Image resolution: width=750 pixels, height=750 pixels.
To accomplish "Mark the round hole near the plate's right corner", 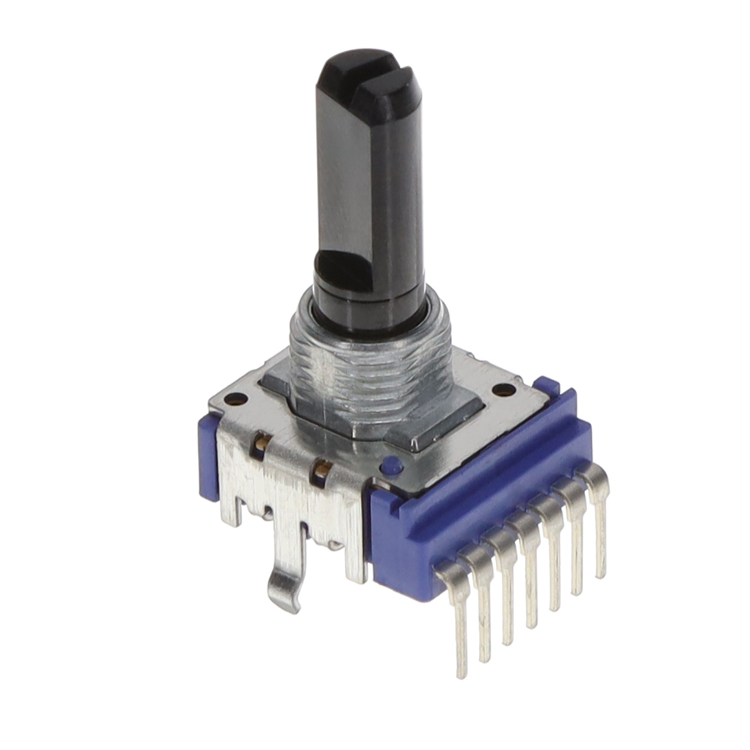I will (x=504, y=390).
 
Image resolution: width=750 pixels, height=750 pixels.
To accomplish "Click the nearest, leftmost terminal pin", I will (x=459, y=619).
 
